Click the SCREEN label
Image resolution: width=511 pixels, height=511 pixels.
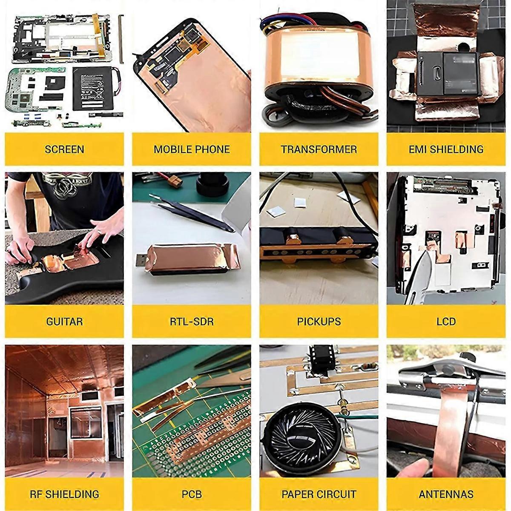[x=64, y=149]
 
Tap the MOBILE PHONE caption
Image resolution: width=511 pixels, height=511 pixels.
[x=192, y=149]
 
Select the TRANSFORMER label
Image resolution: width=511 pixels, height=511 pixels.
[x=319, y=149]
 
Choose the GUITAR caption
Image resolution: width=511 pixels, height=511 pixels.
[x=64, y=322]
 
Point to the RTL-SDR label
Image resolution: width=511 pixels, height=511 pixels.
[x=192, y=322]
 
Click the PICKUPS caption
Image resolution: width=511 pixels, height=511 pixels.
[x=319, y=322]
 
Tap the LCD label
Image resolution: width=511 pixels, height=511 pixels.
[x=446, y=322]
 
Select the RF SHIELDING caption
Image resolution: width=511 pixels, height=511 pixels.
[x=64, y=494]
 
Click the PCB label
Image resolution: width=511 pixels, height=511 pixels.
[x=192, y=494]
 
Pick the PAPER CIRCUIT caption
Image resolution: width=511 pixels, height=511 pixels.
[x=319, y=494]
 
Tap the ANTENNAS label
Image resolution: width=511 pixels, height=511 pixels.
[x=446, y=494]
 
